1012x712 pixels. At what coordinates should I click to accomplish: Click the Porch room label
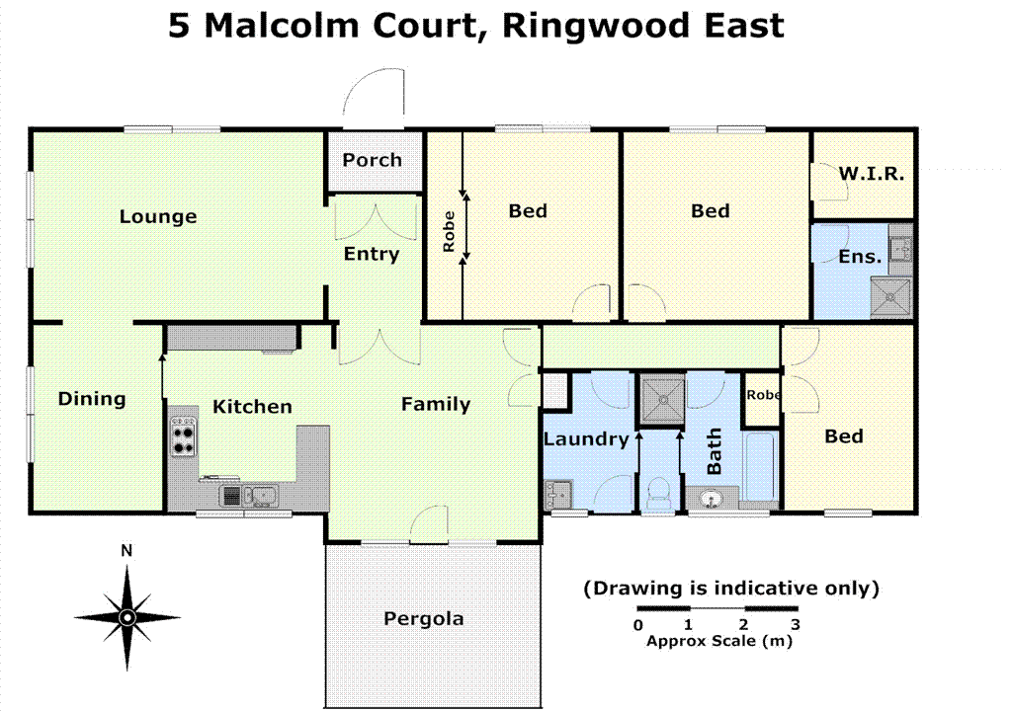(x=373, y=160)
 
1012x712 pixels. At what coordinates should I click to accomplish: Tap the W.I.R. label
(x=871, y=174)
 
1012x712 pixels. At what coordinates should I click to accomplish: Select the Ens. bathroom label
(x=859, y=256)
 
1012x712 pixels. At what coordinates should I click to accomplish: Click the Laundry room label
(x=586, y=439)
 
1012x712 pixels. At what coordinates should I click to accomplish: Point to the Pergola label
(x=423, y=619)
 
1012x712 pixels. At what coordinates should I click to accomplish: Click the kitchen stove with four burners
(x=184, y=436)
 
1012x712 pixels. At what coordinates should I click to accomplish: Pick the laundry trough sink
(x=557, y=491)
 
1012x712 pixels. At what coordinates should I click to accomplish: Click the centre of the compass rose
(x=126, y=617)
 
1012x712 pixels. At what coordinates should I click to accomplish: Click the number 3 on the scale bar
(x=795, y=624)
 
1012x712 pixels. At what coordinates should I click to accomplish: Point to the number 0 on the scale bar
(x=637, y=624)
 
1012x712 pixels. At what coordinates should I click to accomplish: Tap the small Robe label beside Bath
(x=763, y=394)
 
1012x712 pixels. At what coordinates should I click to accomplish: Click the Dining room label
(x=92, y=399)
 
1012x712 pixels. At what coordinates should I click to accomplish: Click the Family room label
(x=435, y=404)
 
